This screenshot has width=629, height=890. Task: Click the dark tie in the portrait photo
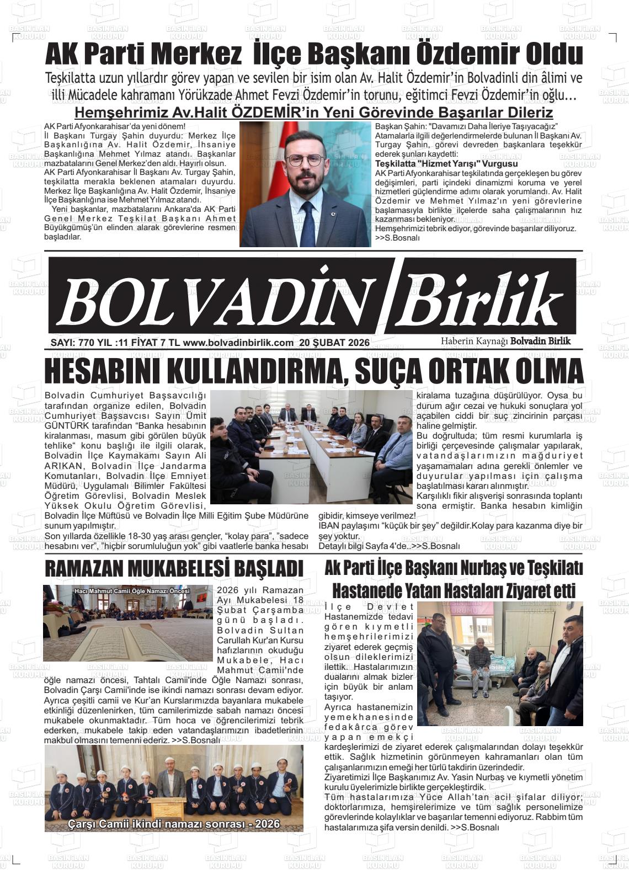(x=307, y=223)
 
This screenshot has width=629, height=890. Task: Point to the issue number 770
(x=87, y=343)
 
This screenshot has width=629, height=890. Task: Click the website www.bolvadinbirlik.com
(x=238, y=343)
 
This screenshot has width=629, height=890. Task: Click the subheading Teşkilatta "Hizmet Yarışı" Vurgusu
(x=446, y=164)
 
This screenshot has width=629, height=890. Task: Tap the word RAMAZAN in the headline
(x=87, y=568)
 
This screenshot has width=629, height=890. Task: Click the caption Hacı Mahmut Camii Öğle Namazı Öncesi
(x=131, y=591)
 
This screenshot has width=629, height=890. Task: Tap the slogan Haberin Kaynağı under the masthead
(x=473, y=341)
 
